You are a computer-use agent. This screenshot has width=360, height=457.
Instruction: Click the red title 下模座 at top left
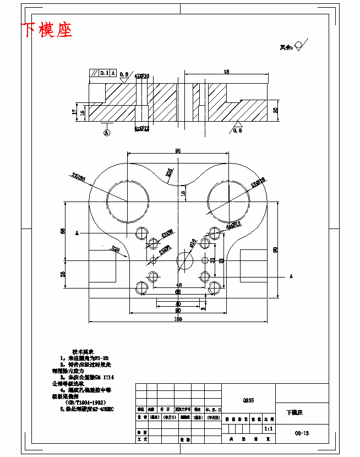(47, 30)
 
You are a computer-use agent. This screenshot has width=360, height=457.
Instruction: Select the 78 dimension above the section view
(226, 72)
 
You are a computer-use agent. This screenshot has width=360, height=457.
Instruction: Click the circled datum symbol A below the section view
(107, 132)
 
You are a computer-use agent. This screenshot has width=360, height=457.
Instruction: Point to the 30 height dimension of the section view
(276, 110)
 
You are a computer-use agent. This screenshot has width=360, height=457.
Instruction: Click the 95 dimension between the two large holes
(178, 150)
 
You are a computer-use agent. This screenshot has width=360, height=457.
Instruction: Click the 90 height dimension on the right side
(275, 249)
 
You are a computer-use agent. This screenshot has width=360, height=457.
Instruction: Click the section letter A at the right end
(290, 276)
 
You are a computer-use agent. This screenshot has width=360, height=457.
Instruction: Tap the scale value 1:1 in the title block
(268, 428)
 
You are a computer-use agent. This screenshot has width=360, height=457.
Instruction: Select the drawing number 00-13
(302, 433)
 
